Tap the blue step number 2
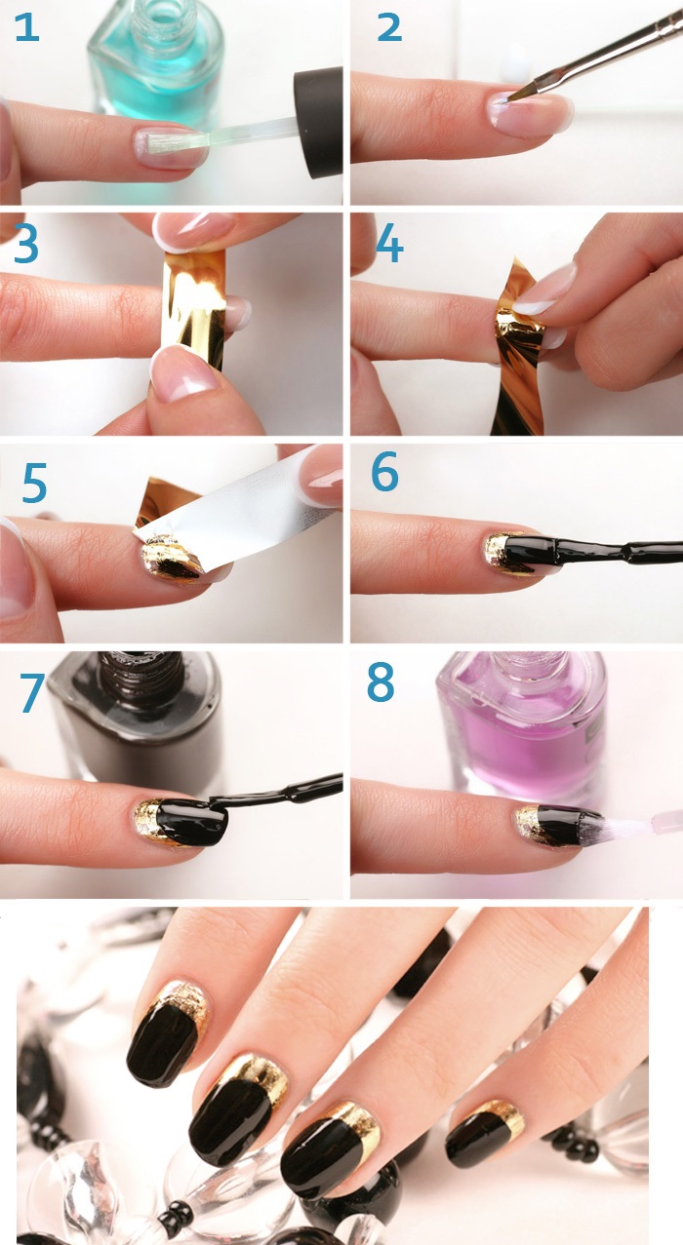389,28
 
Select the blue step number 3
25,245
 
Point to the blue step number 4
389,244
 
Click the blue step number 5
34,484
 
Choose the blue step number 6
384,471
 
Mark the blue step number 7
33,692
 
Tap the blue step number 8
381,681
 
